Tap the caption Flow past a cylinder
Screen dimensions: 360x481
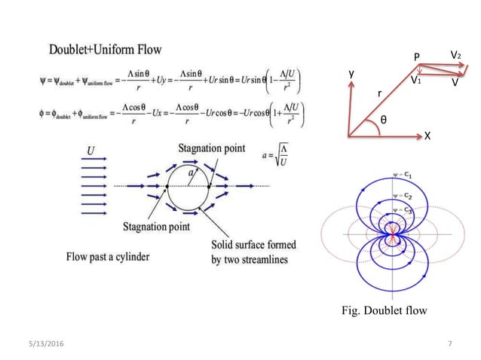pyautogui.click(x=107, y=256)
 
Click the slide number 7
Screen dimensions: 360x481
pyautogui.click(x=449, y=344)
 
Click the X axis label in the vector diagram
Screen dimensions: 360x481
pyautogui.click(x=427, y=136)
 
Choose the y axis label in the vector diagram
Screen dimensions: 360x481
pyautogui.click(x=351, y=73)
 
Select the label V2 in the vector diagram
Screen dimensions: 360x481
pyautogui.click(x=455, y=55)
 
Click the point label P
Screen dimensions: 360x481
pyautogui.click(x=417, y=57)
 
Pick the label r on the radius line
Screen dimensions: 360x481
pyautogui.click(x=379, y=93)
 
